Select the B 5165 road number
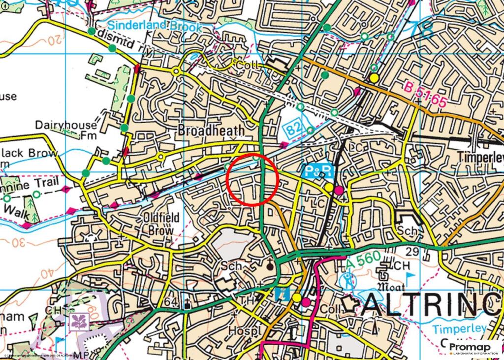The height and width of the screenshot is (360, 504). click(426, 96)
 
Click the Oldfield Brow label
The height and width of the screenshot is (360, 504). click(158, 224)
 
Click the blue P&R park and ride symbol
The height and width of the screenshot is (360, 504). click(319, 171)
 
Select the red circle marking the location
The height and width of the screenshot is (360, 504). click(253, 179)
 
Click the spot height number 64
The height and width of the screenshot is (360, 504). click(172, 301)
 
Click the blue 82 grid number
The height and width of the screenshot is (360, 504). click(293, 130)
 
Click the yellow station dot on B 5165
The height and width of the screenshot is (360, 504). click(374, 78)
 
